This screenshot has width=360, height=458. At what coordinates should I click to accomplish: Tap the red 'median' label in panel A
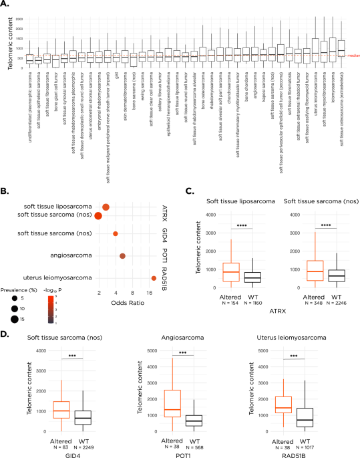pos(353,57)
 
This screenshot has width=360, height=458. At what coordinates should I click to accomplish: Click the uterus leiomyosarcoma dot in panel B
pos(154,279)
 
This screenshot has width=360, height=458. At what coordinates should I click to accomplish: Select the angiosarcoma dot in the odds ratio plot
pos(122,256)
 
